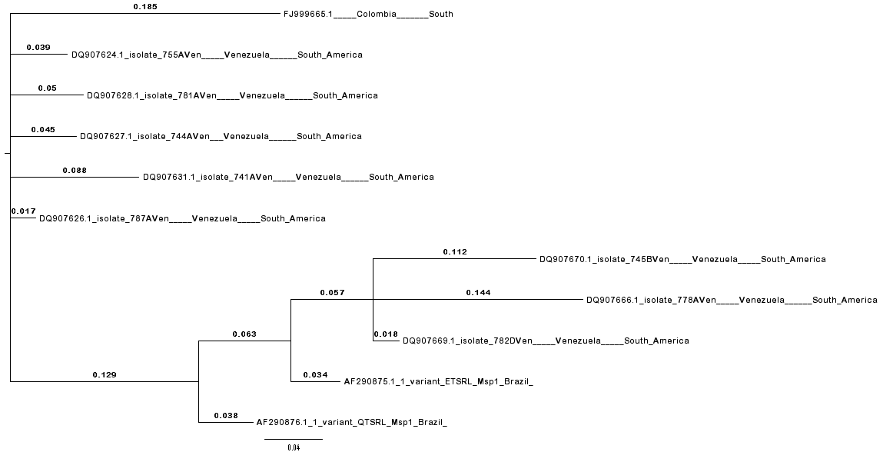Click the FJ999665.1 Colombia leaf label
pyautogui.click(x=368, y=14)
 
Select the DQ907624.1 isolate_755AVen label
pyautogui.click(x=217, y=55)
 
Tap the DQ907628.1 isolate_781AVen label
pyautogui.click(x=232, y=95)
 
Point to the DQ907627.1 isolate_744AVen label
pyautogui.click(x=221, y=136)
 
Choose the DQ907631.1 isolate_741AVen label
pyautogui.click(x=288, y=177)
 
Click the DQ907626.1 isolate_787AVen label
pyautogui.click(x=182, y=218)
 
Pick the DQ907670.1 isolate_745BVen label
pyautogui.click(x=682, y=259)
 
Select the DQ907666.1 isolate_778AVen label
pyautogui.click(x=731, y=300)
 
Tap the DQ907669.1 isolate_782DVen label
pyautogui.click(x=546, y=341)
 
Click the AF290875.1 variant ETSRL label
pyautogui.click(x=439, y=381)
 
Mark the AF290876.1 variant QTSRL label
pyautogui.click(x=351, y=422)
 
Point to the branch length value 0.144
pyautogui.click(x=478, y=292)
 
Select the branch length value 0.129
pyautogui.click(x=105, y=374)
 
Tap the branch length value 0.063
pyautogui.click(x=244, y=334)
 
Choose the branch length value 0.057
pyautogui.click(x=333, y=292)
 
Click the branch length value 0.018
pyautogui.click(x=386, y=334)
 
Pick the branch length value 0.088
pyautogui.click(x=75, y=170)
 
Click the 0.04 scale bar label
pyautogui.click(x=294, y=447)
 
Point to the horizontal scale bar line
pyautogui.click(x=294, y=439)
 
